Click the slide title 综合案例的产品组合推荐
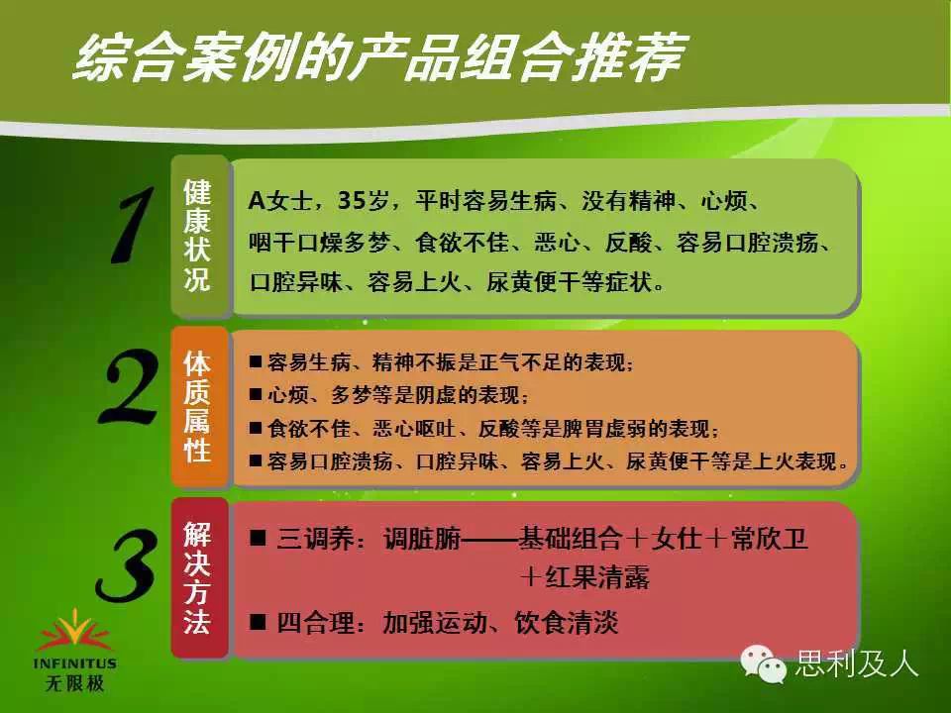pos(380,57)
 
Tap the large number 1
pos(132,226)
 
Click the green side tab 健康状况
pos(198,236)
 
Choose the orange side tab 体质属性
pos(198,406)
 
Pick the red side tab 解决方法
pos(198,578)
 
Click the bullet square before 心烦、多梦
pos(256,395)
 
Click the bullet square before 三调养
pos(258,538)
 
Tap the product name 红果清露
pos(597,577)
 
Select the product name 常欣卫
pos(769,539)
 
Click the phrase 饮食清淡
pos(567,623)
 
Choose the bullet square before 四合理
pos(258,622)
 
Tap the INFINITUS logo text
pos(74,663)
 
